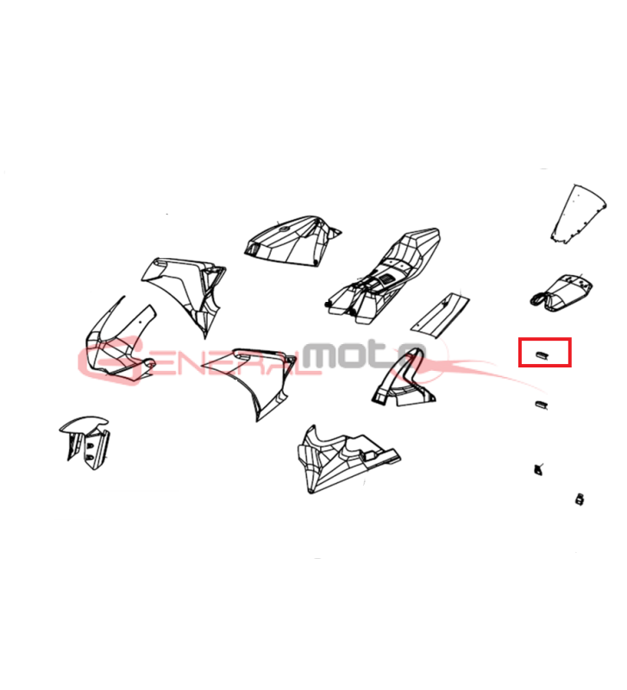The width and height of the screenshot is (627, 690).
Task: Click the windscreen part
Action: click(578, 214)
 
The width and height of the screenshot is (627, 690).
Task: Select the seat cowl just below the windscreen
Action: click(561, 292)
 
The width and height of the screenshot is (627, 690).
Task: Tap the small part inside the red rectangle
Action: click(542, 354)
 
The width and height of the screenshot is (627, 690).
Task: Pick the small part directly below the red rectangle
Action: click(542, 405)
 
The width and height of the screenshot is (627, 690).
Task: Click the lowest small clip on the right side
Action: click(580, 499)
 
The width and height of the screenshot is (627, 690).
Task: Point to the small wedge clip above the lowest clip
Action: click(537, 469)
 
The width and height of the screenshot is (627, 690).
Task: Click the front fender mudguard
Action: click(85, 442)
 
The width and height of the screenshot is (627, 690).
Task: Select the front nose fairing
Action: click(119, 343)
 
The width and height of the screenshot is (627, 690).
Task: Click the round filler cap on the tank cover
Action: click(285, 229)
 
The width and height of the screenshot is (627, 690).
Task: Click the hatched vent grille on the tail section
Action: click(387, 279)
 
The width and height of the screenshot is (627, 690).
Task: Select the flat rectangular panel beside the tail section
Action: click(440, 316)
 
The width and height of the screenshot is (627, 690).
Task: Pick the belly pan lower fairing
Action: click(348, 460)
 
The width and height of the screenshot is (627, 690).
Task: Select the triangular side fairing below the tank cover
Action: click(251, 379)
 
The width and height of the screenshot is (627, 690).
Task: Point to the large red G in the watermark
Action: click(112, 359)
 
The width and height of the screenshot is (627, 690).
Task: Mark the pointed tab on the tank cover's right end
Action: click(335, 232)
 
